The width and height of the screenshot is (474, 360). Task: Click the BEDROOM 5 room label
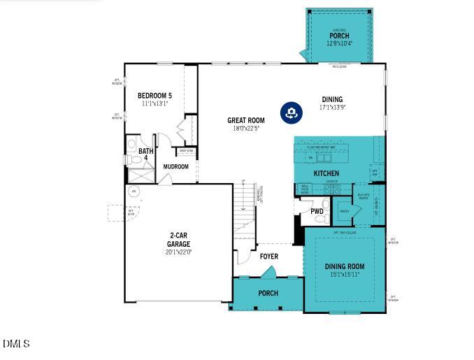[x=155, y=96]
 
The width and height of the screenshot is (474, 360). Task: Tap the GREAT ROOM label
[x=245, y=120]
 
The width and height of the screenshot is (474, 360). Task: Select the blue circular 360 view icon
[x=291, y=112]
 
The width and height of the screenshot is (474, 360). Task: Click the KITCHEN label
[x=326, y=173]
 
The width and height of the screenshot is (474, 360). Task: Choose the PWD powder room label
[x=317, y=211]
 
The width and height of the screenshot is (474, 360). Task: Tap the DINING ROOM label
[x=345, y=266]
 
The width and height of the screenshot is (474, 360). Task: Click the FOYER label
[x=269, y=257]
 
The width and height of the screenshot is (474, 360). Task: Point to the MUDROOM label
[x=175, y=166]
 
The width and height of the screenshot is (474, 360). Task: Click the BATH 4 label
[x=145, y=154]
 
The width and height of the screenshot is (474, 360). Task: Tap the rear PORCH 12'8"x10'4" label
[x=339, y=36]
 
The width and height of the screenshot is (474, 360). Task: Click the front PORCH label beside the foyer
[x=268, y=293]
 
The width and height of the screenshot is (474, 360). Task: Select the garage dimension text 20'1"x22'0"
[x=179, y=252]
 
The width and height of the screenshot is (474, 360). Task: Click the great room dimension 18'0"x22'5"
[x=245, y=129]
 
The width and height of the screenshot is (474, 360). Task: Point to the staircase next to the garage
[x=245, y=210]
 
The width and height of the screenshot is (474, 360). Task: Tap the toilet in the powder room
[x=321, y=219]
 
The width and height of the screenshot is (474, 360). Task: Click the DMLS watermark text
[x=16, y=344]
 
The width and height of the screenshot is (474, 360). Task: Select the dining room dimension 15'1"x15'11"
[x=345, y=275]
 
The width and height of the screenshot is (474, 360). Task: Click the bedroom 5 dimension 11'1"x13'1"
[x=155, y=103]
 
